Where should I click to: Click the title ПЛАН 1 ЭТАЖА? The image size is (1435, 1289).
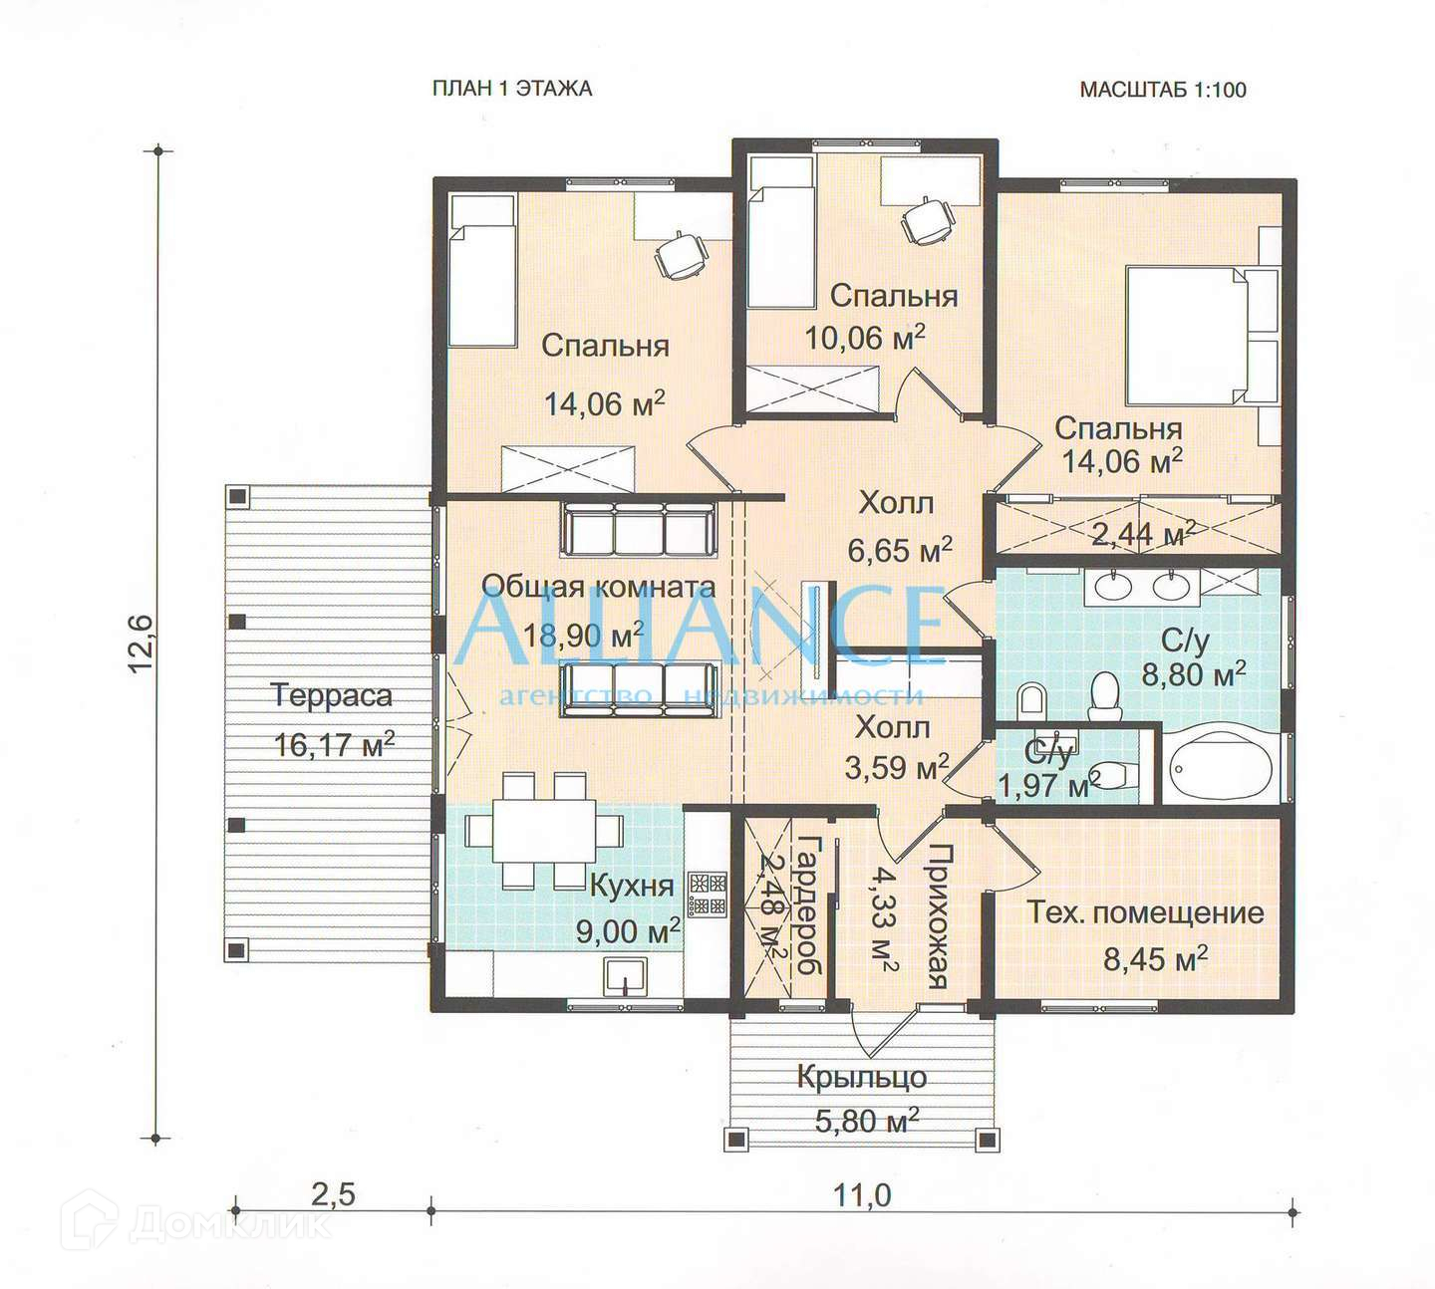click(x=512, y=89)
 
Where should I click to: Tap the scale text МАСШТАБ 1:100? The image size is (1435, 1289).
click(x=1163, y=90)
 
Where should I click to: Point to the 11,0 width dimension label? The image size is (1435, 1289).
click(x=862, y=1195)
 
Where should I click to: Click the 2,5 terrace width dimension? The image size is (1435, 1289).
click(x=333, y=1194)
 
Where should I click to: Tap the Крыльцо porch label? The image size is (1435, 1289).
click(x=862, y=1078)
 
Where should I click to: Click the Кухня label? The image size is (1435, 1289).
click(x=632, y=886)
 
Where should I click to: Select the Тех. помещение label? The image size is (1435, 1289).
click(x=1145, y=912)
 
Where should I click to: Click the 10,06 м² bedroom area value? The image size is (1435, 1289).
click(x=865, y=337)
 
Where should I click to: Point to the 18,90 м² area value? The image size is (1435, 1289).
click(x=583, y=634)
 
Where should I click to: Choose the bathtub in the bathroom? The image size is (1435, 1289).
click(x=1221, y=766)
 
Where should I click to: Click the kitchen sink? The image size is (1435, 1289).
click(x=626, y=976)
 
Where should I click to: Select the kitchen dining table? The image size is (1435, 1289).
click(x=544, y=830)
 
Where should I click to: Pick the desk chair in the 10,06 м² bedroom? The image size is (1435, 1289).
click(x=926, y=221)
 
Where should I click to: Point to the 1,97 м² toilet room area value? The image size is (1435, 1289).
click(x=1049, y=785)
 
